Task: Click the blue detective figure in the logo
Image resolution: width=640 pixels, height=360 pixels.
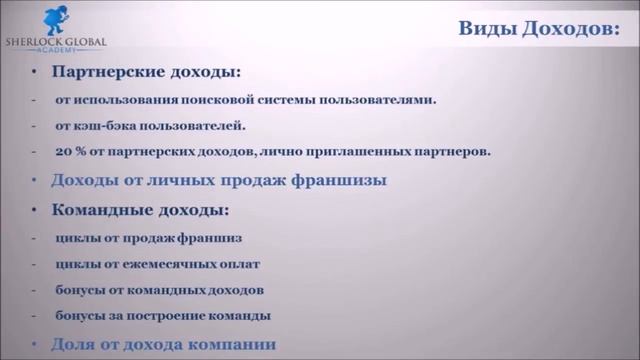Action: [56, 20]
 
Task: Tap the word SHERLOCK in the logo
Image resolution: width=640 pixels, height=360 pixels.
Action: [33, 42]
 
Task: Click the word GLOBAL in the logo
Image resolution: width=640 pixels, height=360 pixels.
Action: [86, 42]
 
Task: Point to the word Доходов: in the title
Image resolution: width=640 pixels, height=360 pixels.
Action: [571, 29]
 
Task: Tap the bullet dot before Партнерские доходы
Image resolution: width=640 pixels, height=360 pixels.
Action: [34, 72]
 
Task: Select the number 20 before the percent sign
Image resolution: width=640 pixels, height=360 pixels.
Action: [63, 152]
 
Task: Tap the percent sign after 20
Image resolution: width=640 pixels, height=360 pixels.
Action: [81, 152]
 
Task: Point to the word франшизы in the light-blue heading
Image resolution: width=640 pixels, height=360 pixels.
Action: [338, 180]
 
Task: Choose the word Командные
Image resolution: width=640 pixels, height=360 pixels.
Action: [102, 210]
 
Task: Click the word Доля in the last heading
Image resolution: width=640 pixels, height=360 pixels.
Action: [73, 344]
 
